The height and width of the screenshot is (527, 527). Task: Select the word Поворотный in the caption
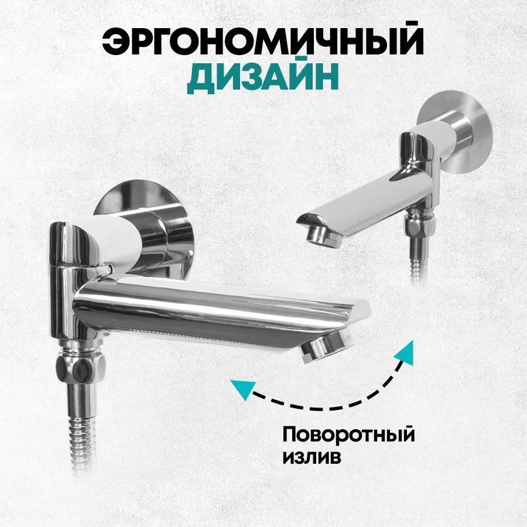click(348, 435)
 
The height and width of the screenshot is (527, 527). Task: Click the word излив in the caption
click(312, 456)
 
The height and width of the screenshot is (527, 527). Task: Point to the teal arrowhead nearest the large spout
click(405, 352)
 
